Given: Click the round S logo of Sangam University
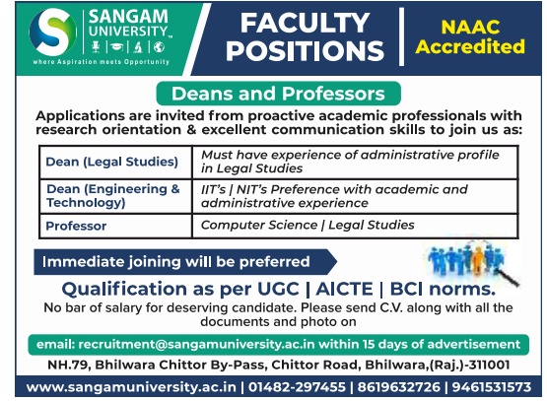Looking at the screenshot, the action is click(53, 33).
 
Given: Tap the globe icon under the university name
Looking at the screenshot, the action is click(159, 46).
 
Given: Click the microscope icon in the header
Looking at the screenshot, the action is click(138, 46).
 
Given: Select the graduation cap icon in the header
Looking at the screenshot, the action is click(116, 46).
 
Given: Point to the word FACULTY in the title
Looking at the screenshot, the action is click(305, 24).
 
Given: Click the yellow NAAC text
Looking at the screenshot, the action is click(470, 27).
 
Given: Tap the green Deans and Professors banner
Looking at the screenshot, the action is click(278, 94).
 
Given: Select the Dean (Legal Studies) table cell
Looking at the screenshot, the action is click(115, 163).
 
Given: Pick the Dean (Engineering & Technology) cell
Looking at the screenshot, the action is click(115, 196).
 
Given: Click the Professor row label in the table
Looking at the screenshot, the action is click(76, 226).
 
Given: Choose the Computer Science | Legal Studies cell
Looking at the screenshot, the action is click(355, 226).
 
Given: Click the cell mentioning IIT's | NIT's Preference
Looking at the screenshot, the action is click(355, 196).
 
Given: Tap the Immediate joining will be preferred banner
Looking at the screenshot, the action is click(185, 262).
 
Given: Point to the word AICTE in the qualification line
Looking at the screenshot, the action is click(344, 289).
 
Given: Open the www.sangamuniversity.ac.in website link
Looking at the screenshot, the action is click(131, 387).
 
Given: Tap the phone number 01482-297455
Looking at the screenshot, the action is click(297, 387).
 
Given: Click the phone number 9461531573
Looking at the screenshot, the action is click(492, 387).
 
